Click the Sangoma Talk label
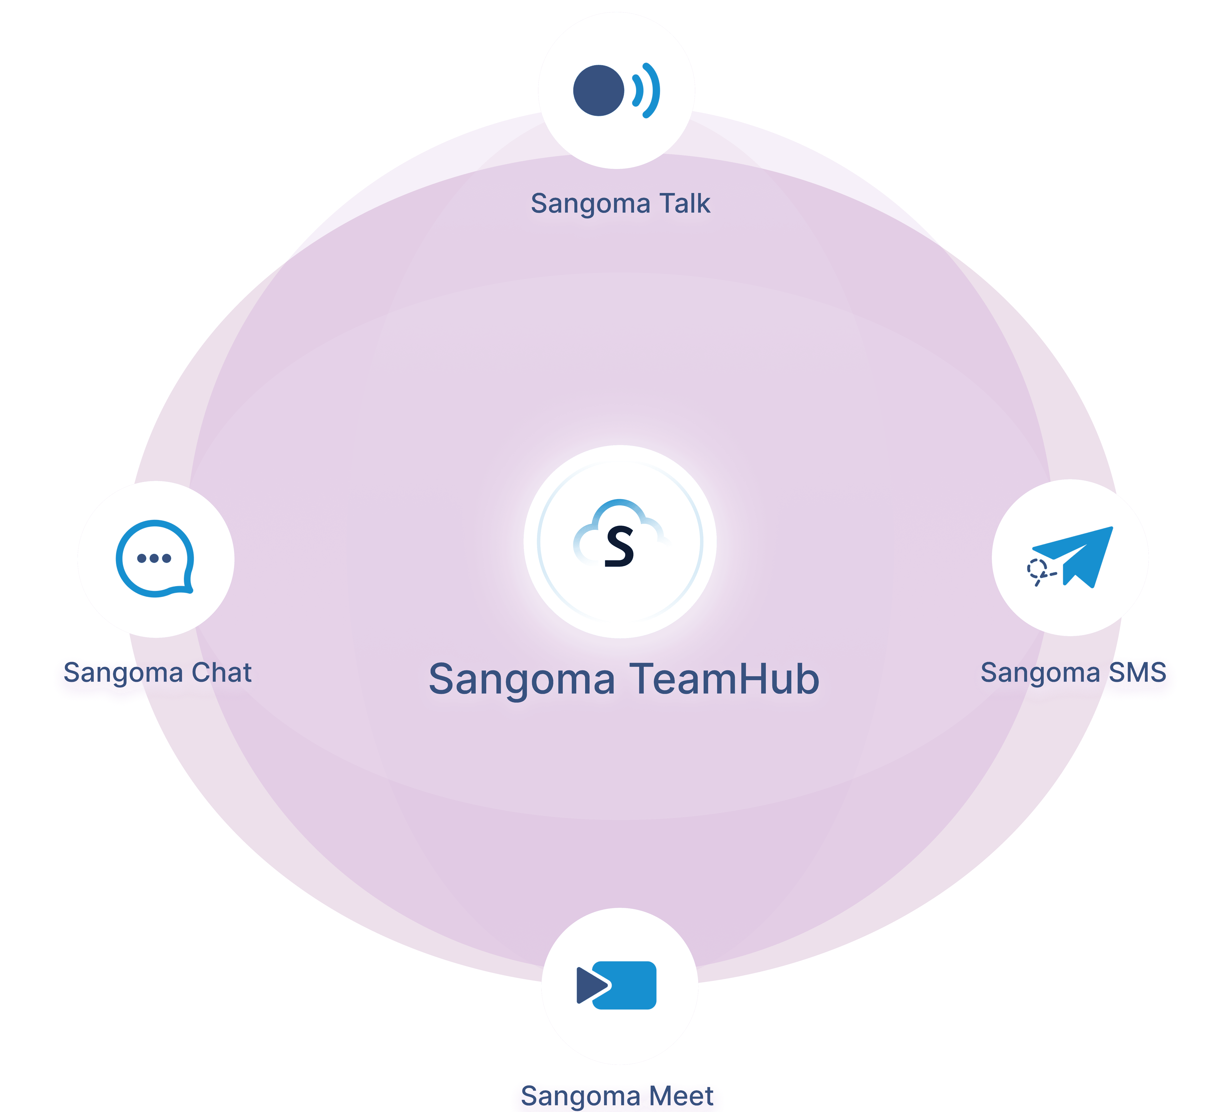click(620, 204)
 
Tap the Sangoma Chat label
click(157, 673)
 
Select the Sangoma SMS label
click(1073, 673)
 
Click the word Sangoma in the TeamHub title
click(522, 679)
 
